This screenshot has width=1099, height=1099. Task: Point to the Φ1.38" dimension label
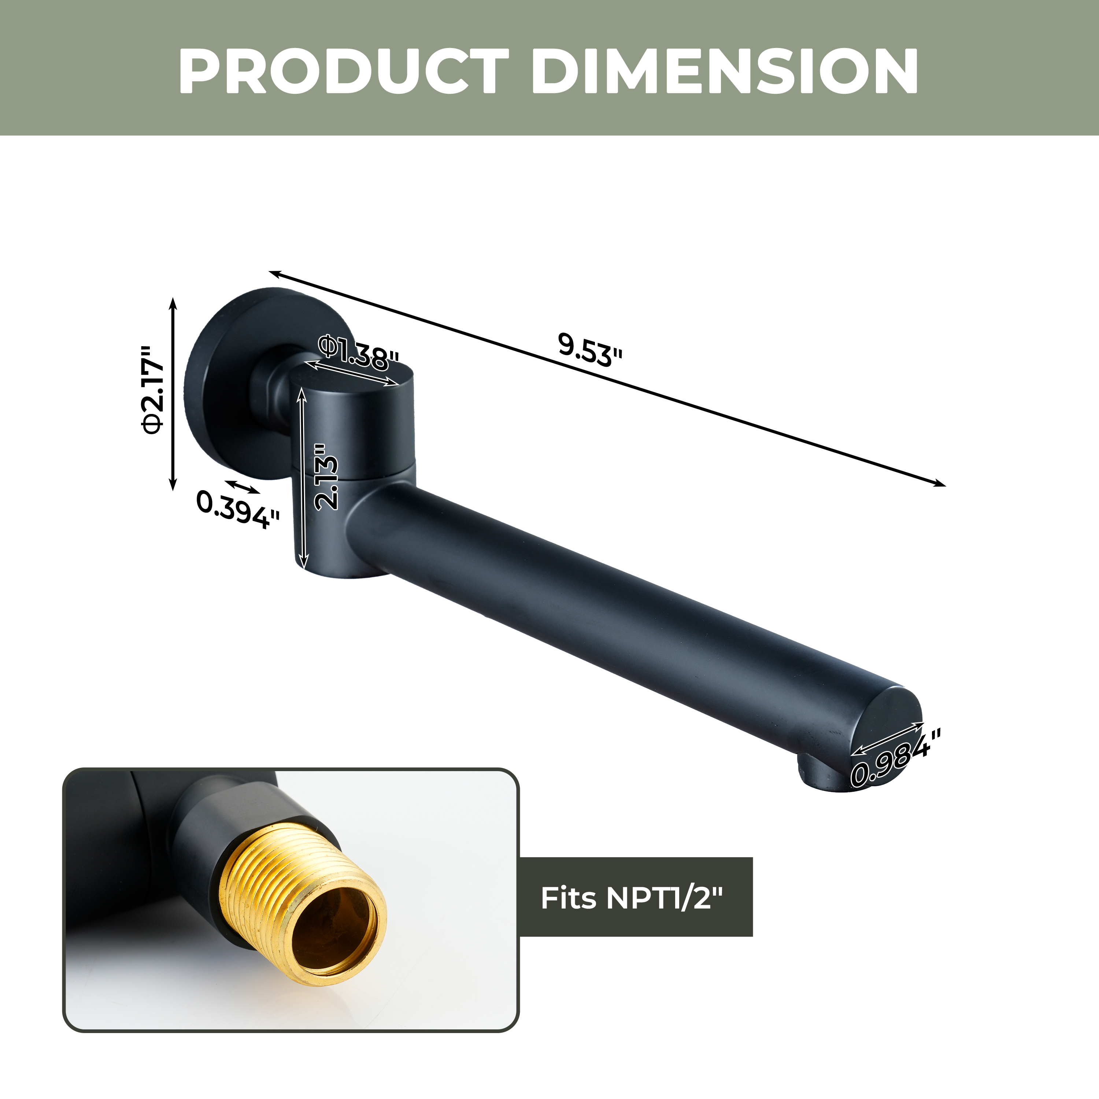coord(358,353)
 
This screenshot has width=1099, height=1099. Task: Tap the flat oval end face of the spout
coord(887,734)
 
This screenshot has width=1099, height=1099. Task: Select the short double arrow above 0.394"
coord(243,486)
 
